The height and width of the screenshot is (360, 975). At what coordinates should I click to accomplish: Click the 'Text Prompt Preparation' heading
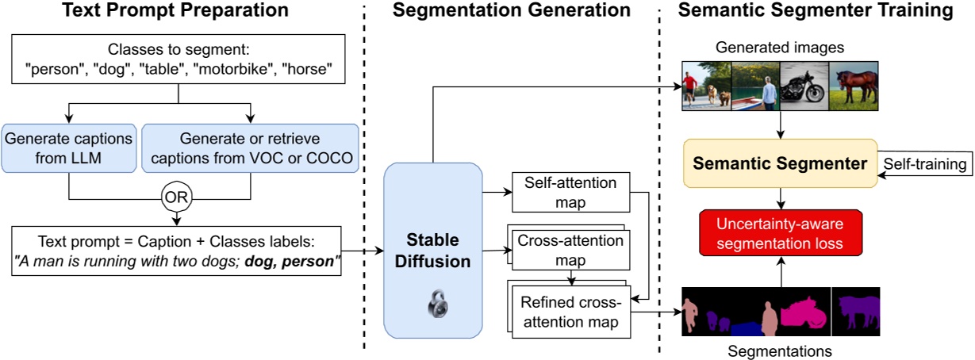coord(177,11)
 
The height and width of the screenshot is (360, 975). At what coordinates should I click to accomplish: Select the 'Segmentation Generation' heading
coord(512,11)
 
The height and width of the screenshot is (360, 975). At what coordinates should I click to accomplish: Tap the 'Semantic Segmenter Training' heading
coord(819,11)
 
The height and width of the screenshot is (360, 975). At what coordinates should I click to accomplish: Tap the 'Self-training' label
coord(922,166)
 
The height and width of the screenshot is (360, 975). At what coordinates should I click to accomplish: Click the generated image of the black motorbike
coord(805,86)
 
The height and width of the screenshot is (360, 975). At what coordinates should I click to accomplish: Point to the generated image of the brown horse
coord(854,86)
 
